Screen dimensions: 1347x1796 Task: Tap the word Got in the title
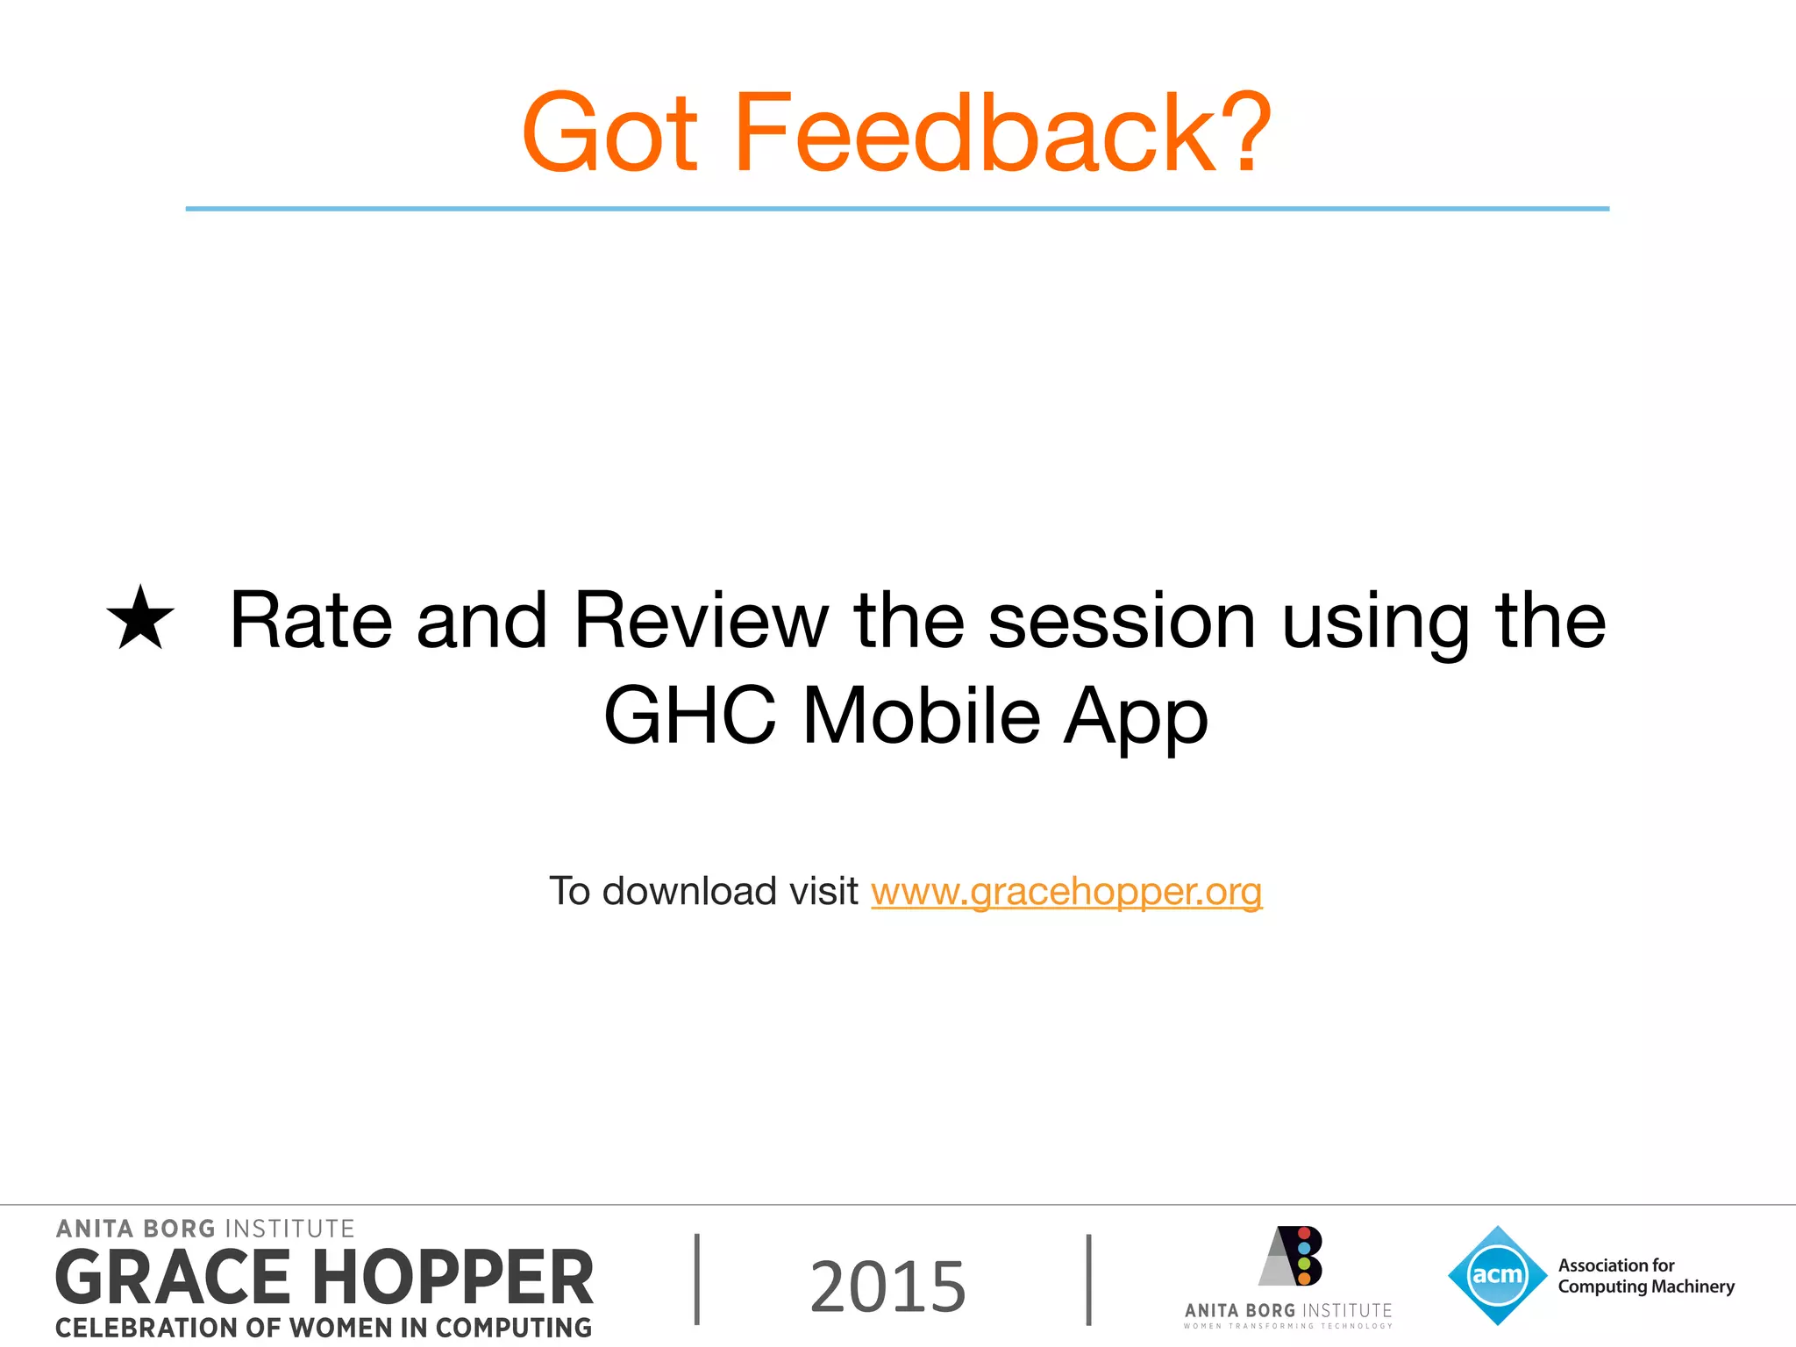tap(610, 133)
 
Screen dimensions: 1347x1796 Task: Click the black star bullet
tap(140, 619)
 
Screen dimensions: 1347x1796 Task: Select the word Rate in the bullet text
tap(310, 621)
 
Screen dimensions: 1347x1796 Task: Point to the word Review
tap(701, 621)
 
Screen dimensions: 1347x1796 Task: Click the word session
tap(1122, 621)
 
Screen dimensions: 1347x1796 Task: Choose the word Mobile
tap(921, 716)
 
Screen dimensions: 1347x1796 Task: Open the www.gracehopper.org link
tap(1066, 892)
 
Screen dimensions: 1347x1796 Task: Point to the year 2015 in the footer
tap(887, 1286)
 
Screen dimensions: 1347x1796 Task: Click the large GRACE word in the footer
tap(173, 1278)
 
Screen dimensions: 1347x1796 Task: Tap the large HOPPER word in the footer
tap(453, 1278)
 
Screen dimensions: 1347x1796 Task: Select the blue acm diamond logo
tap(1497, 1275)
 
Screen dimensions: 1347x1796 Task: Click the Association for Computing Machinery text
tap(1645, 1276)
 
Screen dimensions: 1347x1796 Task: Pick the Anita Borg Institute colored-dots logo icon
tap(1292, 1256)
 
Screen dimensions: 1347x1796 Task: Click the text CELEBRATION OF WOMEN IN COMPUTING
tap(324, 1328)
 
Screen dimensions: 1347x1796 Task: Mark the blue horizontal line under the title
tap(897, 209)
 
